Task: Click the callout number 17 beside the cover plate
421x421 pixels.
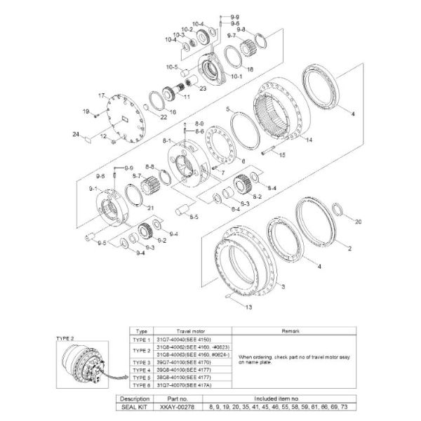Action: point(101,95)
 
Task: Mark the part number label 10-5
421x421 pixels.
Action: point(172,67)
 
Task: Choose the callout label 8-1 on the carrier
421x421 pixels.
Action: point(166,141)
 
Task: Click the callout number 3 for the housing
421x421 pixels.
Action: point(283,288)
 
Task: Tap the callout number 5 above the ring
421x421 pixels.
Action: point(228,109)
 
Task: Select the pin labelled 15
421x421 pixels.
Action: point(271,149)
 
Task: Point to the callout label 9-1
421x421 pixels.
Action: point(93,189)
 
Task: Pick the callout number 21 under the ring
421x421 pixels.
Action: point(149,208)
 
